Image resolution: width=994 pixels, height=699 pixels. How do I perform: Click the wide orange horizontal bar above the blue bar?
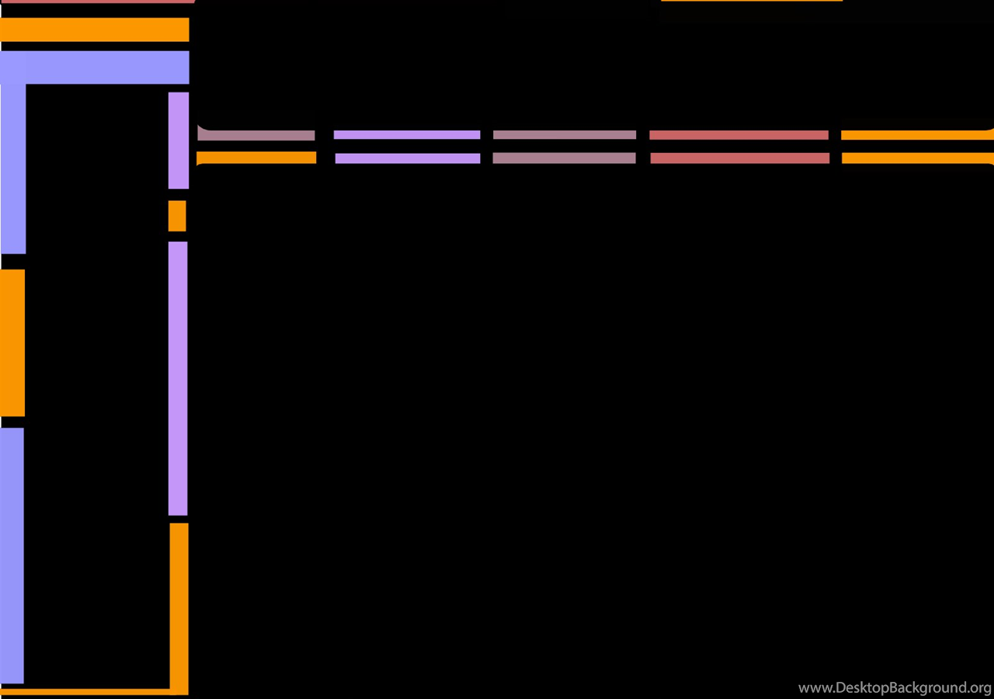[95, 30]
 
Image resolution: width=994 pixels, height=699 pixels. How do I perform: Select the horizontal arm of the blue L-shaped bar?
[95, 68]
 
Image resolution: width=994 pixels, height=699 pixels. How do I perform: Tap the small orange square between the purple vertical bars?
[177, 216]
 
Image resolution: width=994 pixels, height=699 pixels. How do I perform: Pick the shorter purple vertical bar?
[179, 141]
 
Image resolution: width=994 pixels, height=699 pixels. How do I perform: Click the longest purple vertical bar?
[178, 378]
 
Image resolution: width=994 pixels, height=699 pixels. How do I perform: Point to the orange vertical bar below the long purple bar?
[179, 608]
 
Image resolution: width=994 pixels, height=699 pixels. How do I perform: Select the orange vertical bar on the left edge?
[12, 343]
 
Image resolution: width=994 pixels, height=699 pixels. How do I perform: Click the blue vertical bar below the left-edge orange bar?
[12, 555]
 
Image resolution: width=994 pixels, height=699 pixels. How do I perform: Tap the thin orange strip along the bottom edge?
[85, 691]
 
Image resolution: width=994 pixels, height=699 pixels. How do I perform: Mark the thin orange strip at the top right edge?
[752, 1]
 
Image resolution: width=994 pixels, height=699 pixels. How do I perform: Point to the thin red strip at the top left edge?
[97, 2]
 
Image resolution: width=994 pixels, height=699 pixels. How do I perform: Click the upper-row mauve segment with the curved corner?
[256, 134]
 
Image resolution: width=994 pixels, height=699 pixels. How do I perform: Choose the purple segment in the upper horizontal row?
[407, 134]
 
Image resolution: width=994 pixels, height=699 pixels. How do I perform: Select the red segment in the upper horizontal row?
[739, 135]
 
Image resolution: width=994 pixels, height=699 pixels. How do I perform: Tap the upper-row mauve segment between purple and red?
[565, 134]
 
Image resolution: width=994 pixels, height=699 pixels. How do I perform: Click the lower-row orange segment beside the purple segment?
[256, 158]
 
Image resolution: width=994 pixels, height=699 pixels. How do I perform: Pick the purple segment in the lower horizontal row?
[408, 158]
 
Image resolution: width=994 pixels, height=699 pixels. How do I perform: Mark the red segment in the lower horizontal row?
[740, 158]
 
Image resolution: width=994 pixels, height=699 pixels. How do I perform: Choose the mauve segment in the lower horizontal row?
[564, 158]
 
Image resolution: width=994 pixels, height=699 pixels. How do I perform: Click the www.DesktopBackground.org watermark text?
[895, 687]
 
